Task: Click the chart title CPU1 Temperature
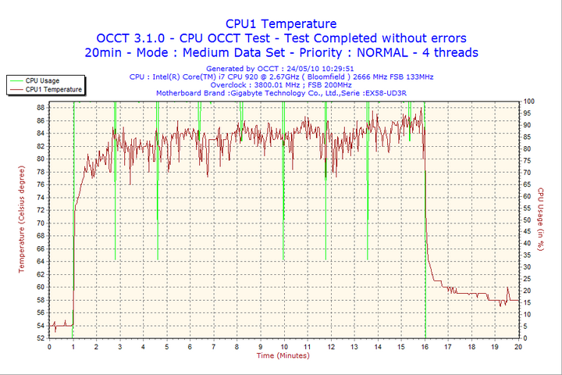click(x=280, y=23)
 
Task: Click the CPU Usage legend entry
click(x=42, y=80)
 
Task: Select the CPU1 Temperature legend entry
click(x=53, y=89)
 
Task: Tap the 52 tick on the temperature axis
click(x=40, y=337)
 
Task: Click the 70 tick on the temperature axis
click(x=40, y=223)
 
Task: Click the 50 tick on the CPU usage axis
click(x=528, y=220)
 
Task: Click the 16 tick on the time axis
click(x=425, y=346)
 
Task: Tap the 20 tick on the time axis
click(x=518, y=346)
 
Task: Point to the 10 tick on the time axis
click(x=283, y=346)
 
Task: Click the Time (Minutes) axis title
click(x=283, y=355)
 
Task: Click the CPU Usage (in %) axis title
click(x=541, y=220)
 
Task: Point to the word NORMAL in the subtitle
click(x=378, y=52)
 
